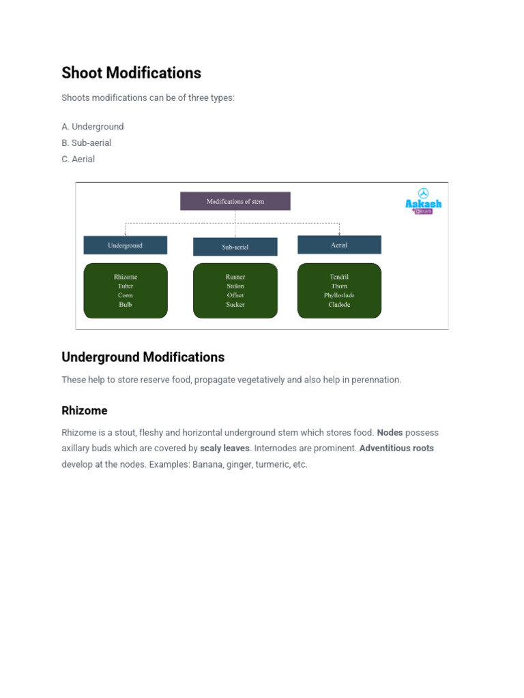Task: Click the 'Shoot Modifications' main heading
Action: [x=131, y=73]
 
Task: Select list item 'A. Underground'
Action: [x=93, y=127]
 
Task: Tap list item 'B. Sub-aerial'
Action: [x=87, y=143]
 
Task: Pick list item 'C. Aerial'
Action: [x=78, y=160]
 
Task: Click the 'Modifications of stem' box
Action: [x=235, y=201]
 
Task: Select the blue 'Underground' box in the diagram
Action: [x=125, y=245]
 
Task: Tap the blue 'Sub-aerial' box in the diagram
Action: [x=235, y=247]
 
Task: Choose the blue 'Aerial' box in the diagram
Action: [x=339, y=245]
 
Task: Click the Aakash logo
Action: [x=424, y=201]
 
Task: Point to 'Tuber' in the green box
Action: [x=126, y=286]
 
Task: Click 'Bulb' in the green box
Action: [x=126, y=305]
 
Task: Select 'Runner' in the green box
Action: [x=235, y=277]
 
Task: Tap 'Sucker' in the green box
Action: [x=235, y=305]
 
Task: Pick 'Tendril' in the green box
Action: [x=339, y=277]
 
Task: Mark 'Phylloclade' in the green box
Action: [x=339, y=296]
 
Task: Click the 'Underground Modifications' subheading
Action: [x=143, y=357]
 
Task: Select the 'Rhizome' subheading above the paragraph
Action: [x=85, y=411]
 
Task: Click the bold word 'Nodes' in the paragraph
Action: [x=390, y=433]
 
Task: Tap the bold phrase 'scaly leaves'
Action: [x=224, y=449]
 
